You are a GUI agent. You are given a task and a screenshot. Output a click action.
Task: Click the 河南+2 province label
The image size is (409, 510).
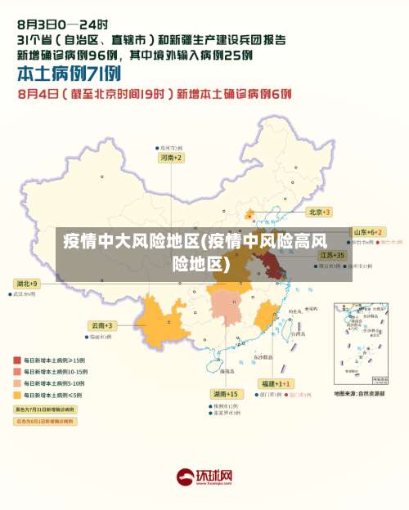170,157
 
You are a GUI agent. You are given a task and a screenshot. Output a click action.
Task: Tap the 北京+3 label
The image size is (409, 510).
319,212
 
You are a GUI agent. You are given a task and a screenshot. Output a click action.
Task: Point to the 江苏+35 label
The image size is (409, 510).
331,255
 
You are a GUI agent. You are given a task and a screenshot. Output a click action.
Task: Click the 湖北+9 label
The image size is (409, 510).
26,283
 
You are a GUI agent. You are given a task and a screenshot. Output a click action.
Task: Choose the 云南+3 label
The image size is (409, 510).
103,324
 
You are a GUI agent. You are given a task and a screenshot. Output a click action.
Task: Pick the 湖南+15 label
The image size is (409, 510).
225,394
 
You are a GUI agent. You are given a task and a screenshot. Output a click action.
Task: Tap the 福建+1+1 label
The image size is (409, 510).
273,383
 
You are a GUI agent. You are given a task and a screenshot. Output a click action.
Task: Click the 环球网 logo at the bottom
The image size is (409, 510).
204,476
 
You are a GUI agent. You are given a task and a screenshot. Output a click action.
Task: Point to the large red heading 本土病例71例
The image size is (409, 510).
65,74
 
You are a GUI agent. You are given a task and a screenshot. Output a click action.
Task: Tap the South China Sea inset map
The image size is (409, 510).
360,343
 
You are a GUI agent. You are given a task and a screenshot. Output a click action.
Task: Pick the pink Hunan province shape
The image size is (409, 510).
225,308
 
